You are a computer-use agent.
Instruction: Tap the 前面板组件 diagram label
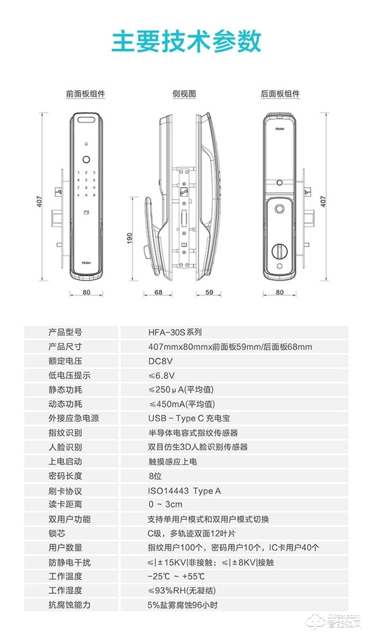pos(85,94)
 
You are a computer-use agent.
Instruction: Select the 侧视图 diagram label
pos(184,94)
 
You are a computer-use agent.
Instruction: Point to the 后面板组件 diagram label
pos(280,94)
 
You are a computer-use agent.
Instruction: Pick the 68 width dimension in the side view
pos(158,293)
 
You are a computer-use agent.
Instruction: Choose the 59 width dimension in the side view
pos(209,293)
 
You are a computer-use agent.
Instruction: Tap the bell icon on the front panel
pos(86,144)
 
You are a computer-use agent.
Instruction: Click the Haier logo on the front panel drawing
pos(86,263)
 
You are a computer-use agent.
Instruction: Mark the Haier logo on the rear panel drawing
pos(280,127)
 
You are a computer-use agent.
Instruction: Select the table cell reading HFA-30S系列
pos(174,333)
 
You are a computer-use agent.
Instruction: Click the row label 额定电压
pos(65,361)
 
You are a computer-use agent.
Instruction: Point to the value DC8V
pos(161,361)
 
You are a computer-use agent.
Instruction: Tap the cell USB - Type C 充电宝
pos(189,418)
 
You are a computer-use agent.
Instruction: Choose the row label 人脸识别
pos(65,447)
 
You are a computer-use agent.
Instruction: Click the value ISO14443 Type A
pos(184,490)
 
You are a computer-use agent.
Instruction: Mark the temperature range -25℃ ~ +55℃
pos(176,576)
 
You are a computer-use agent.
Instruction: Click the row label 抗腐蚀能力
pos(69,605)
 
